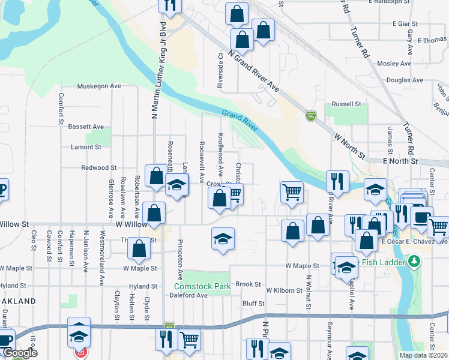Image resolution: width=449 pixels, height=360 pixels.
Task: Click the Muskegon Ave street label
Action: pos(99,86)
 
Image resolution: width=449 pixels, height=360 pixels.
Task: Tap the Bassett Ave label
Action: pos(86,127)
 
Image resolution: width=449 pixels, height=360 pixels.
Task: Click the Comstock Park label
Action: pos(202,287)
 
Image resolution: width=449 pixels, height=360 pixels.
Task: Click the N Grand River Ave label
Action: pos(256,76)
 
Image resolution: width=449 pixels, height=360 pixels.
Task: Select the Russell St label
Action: pos(346,104)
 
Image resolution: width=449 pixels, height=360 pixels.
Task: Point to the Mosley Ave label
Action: pos(394,64)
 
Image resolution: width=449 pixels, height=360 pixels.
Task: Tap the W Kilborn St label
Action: pos(284,290)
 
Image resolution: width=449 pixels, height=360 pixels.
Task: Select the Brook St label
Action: pos(248,284)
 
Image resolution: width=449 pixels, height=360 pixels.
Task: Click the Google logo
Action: pos(20,353)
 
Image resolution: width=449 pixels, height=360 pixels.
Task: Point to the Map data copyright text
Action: pos(423,355)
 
